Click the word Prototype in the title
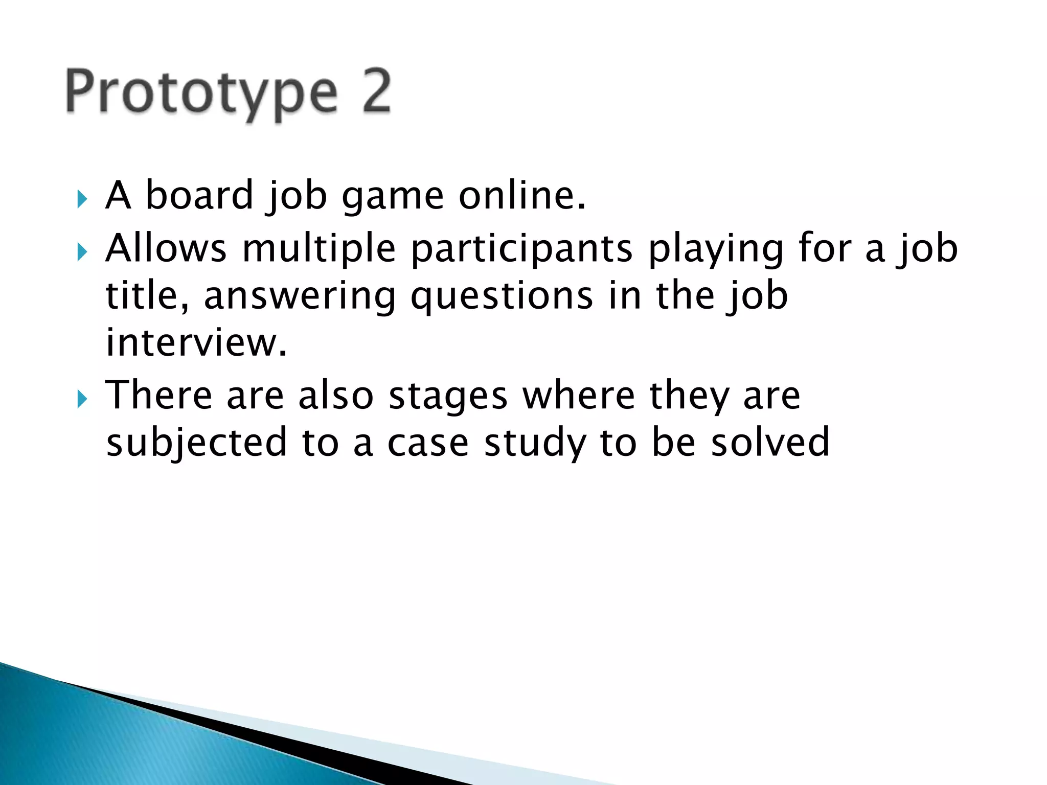201,94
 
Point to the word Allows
166,248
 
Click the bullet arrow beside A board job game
82,199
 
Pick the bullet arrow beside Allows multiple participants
82,252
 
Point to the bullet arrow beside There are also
82,399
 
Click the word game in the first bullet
393,197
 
